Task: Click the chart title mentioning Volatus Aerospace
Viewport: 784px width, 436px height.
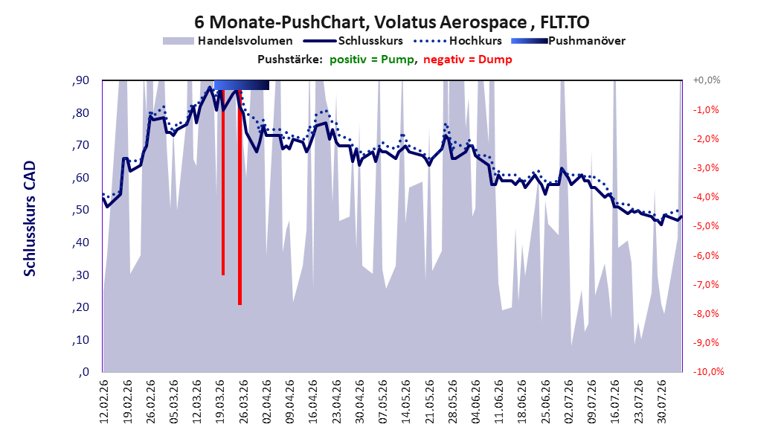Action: tap(392, 22)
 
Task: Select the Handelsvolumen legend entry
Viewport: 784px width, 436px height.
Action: tap(228, 41)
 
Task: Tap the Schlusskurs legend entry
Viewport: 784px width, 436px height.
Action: tap(353, 41)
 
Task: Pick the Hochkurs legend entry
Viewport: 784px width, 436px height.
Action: tap(457, 41)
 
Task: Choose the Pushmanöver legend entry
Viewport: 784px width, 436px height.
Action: tap(568, 41)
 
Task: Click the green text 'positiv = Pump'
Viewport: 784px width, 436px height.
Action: tap(372, 60)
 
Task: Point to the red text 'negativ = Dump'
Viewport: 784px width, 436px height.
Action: tap(468, 60)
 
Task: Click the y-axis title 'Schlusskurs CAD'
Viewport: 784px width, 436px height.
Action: tap(30, 219)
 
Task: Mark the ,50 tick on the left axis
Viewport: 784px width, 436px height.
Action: tap(80, 210)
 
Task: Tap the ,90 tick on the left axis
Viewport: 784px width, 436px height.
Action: tap(80, 80)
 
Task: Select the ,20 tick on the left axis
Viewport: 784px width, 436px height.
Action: tap(80, 307)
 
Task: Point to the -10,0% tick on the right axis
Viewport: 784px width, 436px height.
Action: tap(708, 371)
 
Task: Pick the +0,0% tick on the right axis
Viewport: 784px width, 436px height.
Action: tap(707, 80)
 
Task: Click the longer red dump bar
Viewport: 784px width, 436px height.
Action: tap(240, 197)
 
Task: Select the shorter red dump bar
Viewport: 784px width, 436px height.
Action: tap(223, 182)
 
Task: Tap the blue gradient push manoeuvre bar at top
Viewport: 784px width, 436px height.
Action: tap(242, 85)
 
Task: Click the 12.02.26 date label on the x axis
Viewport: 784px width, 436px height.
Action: tap(104, 401)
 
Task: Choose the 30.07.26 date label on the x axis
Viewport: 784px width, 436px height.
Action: tap(662, 401)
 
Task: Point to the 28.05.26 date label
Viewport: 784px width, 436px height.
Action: tap(452, 401)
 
